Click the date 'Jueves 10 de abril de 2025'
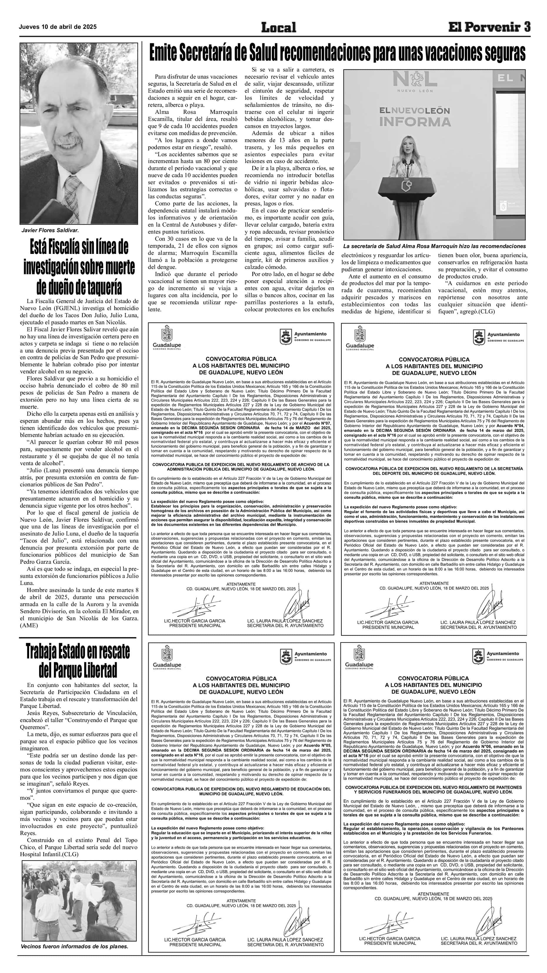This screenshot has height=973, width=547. point(58,27)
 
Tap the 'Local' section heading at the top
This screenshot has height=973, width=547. point(278,27)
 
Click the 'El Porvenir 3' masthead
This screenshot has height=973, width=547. point(489,27)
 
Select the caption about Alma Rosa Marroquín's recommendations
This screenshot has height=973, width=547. point(434,246)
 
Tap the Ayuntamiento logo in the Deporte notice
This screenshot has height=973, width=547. point(480,337)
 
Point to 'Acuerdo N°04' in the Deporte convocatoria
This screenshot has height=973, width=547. point(511,425)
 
